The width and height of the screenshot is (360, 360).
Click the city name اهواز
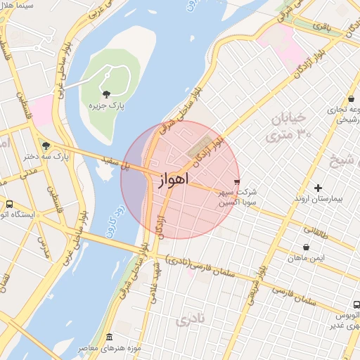coord(170,180)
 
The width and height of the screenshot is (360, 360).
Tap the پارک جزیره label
coord(106,105)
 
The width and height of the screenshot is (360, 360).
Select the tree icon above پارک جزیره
coord(106,94)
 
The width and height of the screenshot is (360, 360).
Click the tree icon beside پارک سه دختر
coord(46,146)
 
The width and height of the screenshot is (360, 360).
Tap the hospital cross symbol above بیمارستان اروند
coord(319,188)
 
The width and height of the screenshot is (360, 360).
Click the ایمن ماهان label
coord(307,258)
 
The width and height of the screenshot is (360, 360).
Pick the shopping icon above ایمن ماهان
coord(306,247)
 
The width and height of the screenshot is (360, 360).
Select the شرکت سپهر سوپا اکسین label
coord(238,196)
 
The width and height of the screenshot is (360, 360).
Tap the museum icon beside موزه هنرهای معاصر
coord(109,338)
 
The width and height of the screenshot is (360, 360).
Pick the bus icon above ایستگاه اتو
coord(9,204)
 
